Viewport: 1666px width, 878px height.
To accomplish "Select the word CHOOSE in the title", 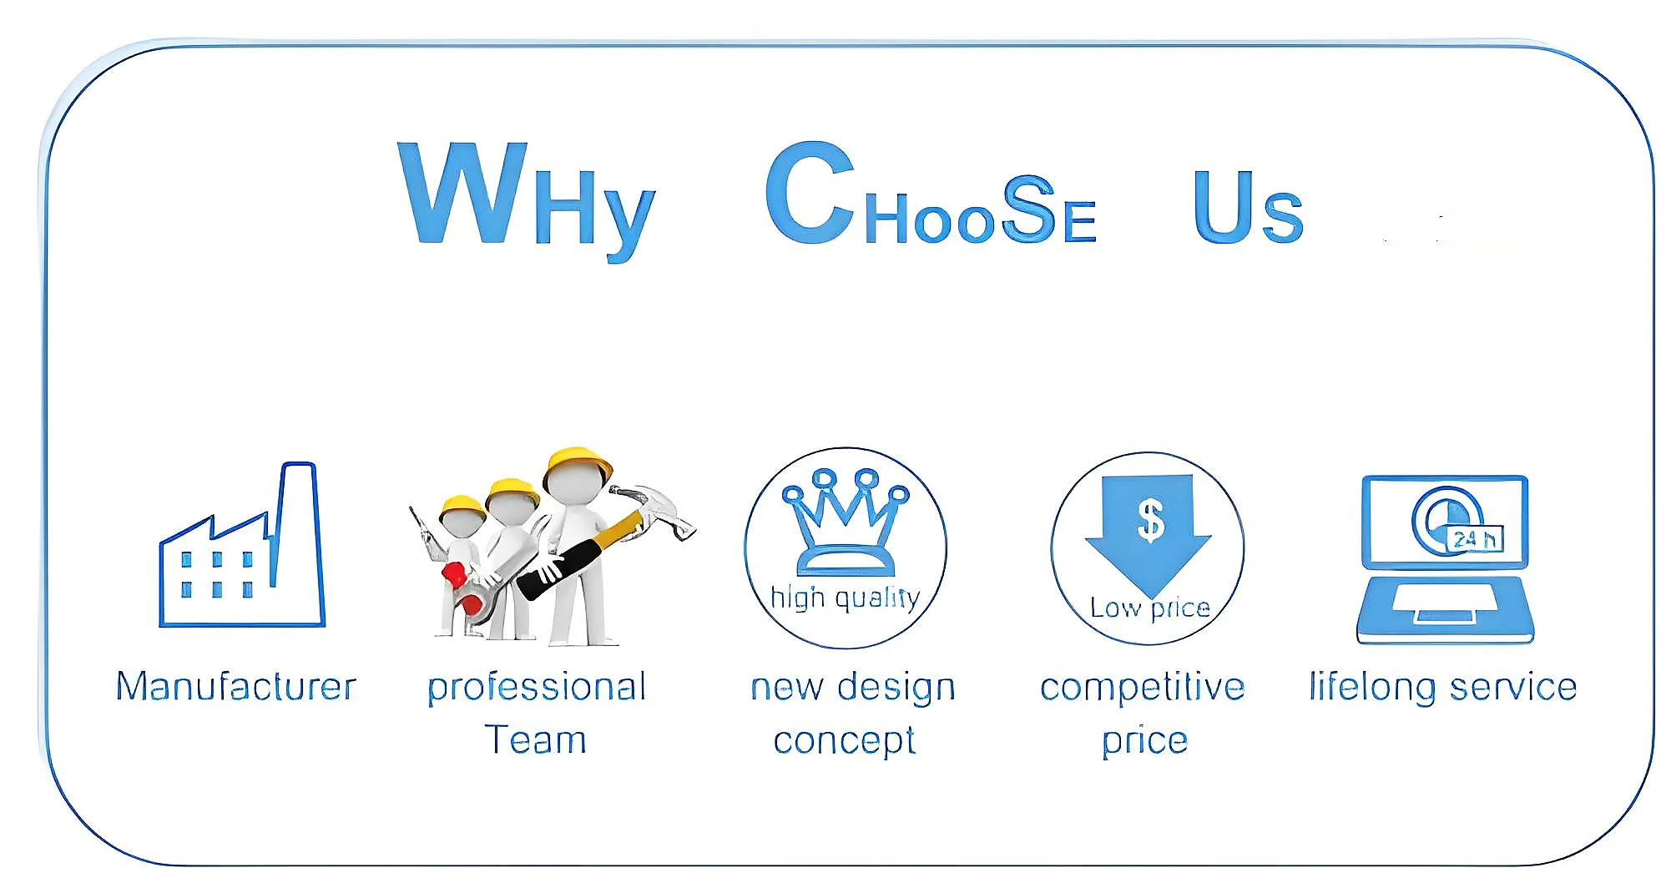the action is pyautogui.click(x=931, y=194).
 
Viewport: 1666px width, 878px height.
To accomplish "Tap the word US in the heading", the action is pyautogui.click(x=1248, y=207).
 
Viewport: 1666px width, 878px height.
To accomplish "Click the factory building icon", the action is pyautogui.click(x=241, y=544).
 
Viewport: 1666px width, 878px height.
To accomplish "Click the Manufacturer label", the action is pyautogui.click(x=236, y=687).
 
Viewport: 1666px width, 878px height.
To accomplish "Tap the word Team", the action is pyautogui.click(x=535, y=740).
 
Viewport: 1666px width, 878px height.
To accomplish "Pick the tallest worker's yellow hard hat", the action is pyautogui.click(x=578, y=465).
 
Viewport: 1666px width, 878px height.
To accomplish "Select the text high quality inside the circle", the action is pyautogui.click(x=845, y=598).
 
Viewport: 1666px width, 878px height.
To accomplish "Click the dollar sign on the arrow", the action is pyautogui.click(x=1150, y=519).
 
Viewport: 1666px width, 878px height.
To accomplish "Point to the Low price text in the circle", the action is pyautogui.click(x=1149, y=608).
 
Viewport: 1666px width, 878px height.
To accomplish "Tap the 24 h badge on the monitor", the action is pyautogui.click(x=1475, y=539).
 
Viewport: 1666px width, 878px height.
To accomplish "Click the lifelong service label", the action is pyautogui.click(x=1443, y=688).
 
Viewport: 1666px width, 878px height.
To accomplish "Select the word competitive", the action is pyautogui.click(x=1143, y=688).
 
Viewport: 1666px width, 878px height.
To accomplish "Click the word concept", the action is pyautogui.click(x=845, y=741).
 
